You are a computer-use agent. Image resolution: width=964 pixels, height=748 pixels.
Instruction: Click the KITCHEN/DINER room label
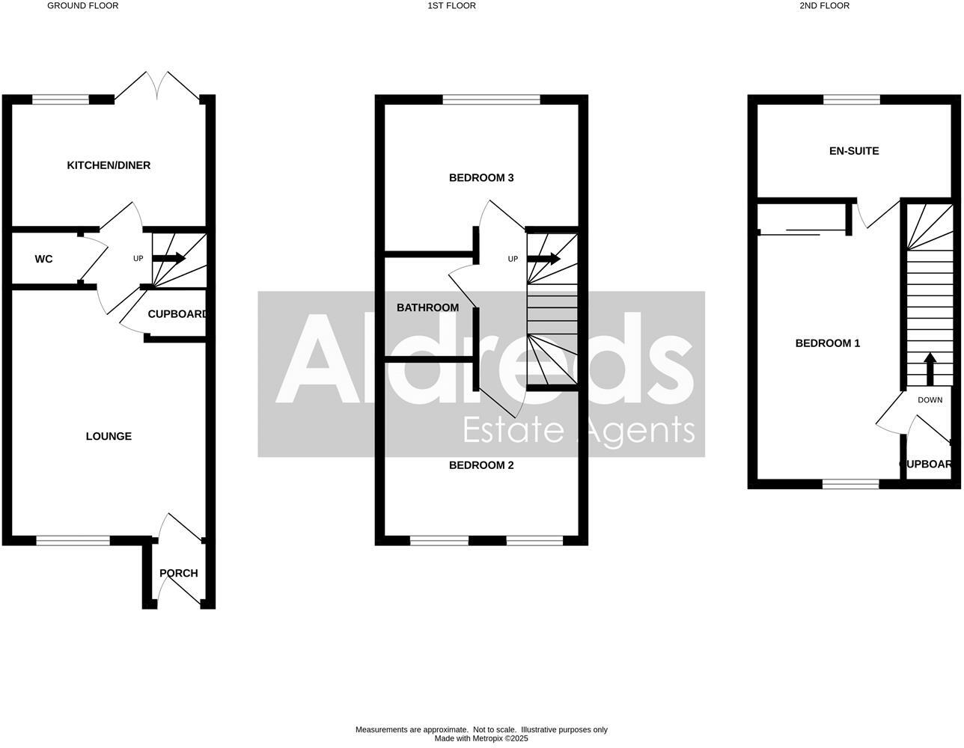[109, 165]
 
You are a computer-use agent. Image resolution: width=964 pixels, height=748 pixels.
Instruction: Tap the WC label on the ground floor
[43, 260]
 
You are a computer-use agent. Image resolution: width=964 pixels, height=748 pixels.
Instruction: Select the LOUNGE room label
[109, 436]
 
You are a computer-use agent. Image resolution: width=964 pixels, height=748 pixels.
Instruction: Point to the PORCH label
[179, 574]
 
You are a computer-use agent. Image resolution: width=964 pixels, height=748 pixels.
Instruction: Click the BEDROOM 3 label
[481, 178]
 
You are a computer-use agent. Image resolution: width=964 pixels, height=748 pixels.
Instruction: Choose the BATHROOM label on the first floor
[427, 307]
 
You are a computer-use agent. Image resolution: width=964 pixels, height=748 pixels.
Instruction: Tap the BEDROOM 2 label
[481, 465]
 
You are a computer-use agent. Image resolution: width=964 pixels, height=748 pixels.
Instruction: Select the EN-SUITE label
[854, 151]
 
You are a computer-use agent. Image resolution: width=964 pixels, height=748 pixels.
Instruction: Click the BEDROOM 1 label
[827, 343]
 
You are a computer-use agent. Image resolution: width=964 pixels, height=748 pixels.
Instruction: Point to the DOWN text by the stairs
[930, 400]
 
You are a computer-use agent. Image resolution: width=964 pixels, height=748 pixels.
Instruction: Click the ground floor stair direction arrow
[169, 258]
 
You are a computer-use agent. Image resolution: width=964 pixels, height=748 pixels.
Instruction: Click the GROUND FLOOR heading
[83, 6]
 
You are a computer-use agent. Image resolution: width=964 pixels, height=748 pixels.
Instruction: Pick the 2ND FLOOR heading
[824, 6]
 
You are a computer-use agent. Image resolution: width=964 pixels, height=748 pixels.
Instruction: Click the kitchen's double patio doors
[157, 87]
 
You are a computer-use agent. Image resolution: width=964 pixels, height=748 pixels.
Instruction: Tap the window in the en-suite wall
[852, 99]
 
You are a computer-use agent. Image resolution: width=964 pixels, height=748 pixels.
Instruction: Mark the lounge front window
[73, 540]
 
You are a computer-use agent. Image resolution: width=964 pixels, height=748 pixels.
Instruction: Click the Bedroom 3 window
[491, 99]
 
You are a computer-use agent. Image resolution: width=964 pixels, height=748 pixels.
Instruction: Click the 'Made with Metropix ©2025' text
[481, 738]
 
